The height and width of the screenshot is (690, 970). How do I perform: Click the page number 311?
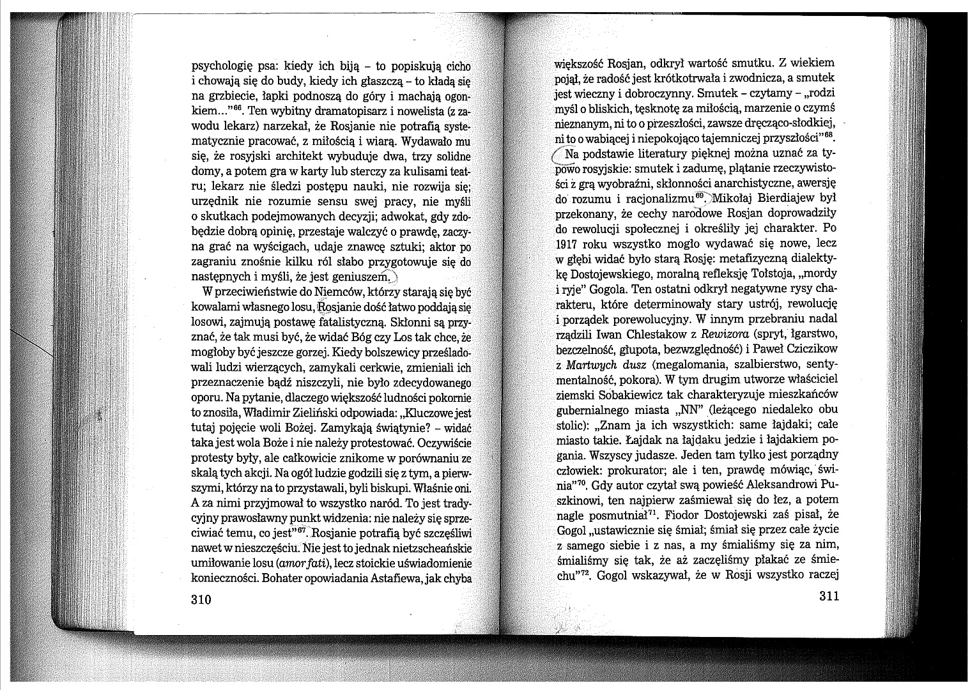coord(828,596)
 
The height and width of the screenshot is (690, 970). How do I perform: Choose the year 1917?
coord(568,244)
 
